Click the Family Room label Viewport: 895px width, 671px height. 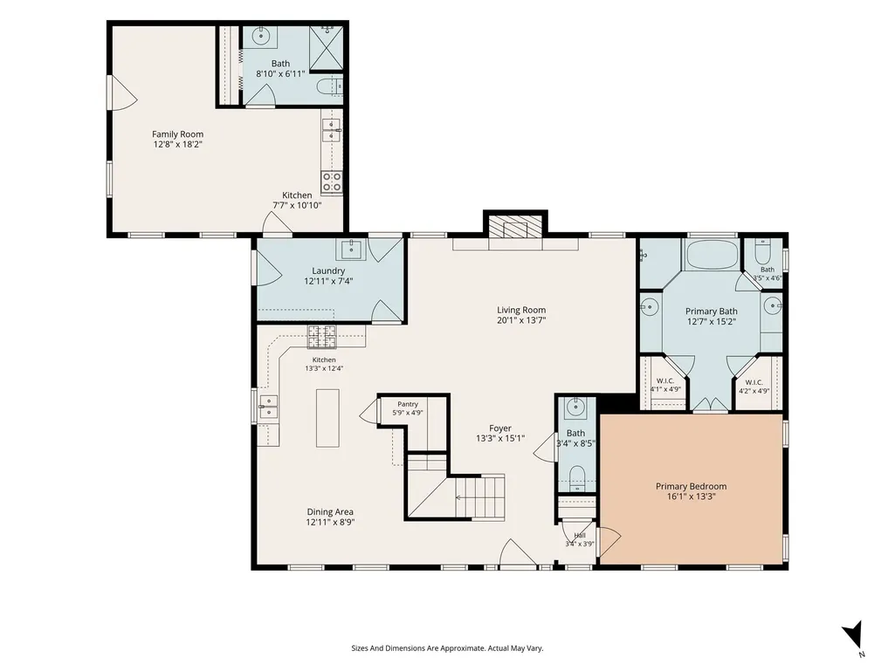click(x=177, y=134)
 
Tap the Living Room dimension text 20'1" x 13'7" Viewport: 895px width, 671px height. click(x=521, y=320)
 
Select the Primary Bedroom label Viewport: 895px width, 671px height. click(x=692, y=486)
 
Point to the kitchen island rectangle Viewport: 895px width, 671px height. click(x=327, y=418)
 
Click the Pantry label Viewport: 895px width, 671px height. click(x=408, y=404)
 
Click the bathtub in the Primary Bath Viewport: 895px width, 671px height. click(x=712, y=255)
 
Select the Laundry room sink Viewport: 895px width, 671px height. click(x=350, y=249)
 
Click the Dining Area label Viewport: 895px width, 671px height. click(x=330, y=512)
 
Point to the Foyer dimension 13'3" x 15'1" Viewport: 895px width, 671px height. click(x=500, y=438)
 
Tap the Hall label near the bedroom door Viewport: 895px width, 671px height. click(x=580, y=535)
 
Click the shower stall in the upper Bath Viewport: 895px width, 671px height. click(x=326, y=47)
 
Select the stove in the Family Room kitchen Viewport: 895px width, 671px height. click(x=331, y=182)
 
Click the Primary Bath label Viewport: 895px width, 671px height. click(x=712, y=311)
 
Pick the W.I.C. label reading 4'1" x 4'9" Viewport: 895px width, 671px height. click(x=665, y=385)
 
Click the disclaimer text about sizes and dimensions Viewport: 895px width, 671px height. click(x=447, y=648)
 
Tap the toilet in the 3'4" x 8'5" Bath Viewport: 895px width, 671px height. click(x=576, y=476)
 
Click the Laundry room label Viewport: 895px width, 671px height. click(x=328, y=270)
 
